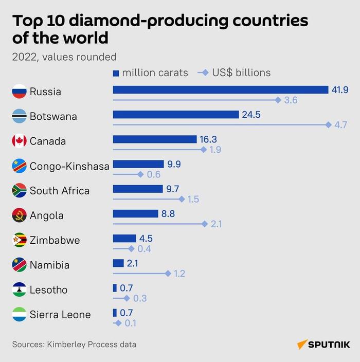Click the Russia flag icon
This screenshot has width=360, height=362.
coord(19,92)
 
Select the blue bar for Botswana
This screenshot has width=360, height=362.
coord(175,115)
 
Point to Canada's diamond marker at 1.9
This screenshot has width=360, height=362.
coord(204,150)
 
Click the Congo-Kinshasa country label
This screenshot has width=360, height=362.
coord(69,166)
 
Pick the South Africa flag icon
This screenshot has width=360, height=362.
coord(19,191)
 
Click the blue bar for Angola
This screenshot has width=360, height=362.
coord(135,213)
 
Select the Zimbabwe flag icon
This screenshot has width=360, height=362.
coord(19,240)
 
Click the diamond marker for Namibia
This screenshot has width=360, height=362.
coord(168,273)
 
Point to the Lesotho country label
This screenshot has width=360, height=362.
coord(48,290)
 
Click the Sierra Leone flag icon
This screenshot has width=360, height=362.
coord(19,315)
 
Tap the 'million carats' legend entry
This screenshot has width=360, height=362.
coord(151,73)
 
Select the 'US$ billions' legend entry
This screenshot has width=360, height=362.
coord(235,73)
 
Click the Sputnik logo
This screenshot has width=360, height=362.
coord(323,344)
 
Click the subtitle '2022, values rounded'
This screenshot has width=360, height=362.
coord(64,57)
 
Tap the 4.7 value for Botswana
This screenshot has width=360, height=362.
coord(340,125)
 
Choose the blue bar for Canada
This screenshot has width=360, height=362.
coord(154,139)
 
